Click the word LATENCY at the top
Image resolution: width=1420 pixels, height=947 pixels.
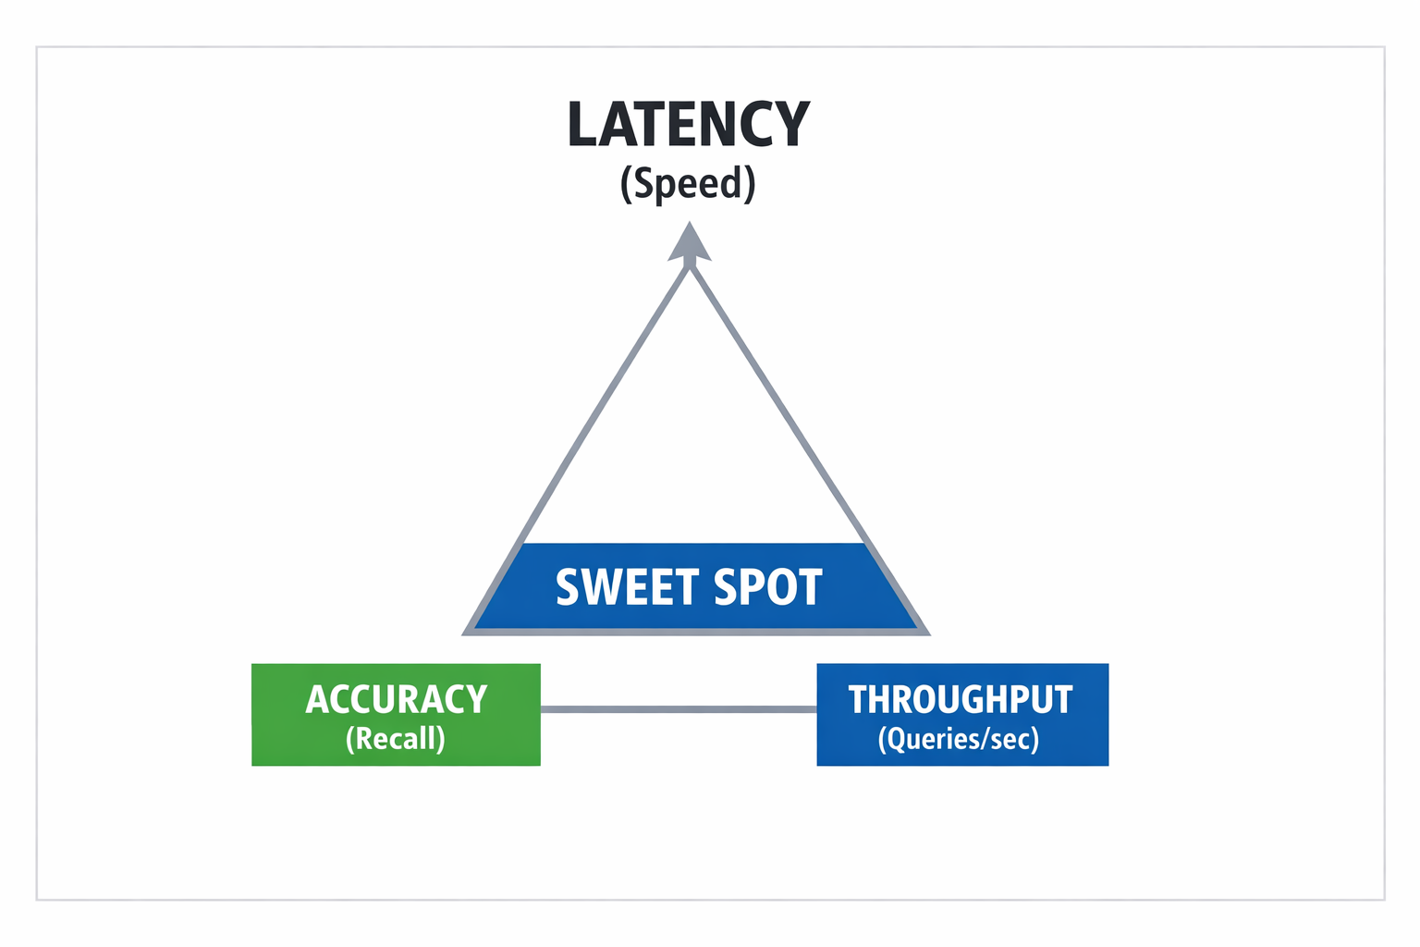[x=689, y=125]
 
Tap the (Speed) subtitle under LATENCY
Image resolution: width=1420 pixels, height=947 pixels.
[x=689, y=184]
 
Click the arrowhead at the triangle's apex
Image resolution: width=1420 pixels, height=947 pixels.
[x=689, y=243]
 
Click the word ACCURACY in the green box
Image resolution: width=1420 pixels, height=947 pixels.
[x=397, y=700]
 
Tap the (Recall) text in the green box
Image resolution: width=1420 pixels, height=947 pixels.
[x=396, y=739]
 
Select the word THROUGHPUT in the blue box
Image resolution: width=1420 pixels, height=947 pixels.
[x=961, y=700]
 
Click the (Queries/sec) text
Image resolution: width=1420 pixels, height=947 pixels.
[x=959, y=739]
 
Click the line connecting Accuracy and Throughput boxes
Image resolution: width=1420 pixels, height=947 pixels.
[x=679, y=709]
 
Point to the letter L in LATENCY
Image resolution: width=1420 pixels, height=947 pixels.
[x=582, y=125]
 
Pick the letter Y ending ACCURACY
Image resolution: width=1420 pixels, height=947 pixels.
[x=476, y=700]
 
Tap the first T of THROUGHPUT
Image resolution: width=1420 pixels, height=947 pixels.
[x=859, y=700]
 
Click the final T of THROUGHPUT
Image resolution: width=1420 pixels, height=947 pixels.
[x=1062, y=700]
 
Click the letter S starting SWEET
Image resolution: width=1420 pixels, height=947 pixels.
[x=568, y=588]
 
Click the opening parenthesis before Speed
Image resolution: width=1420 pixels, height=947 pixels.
[x=626, y=184]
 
